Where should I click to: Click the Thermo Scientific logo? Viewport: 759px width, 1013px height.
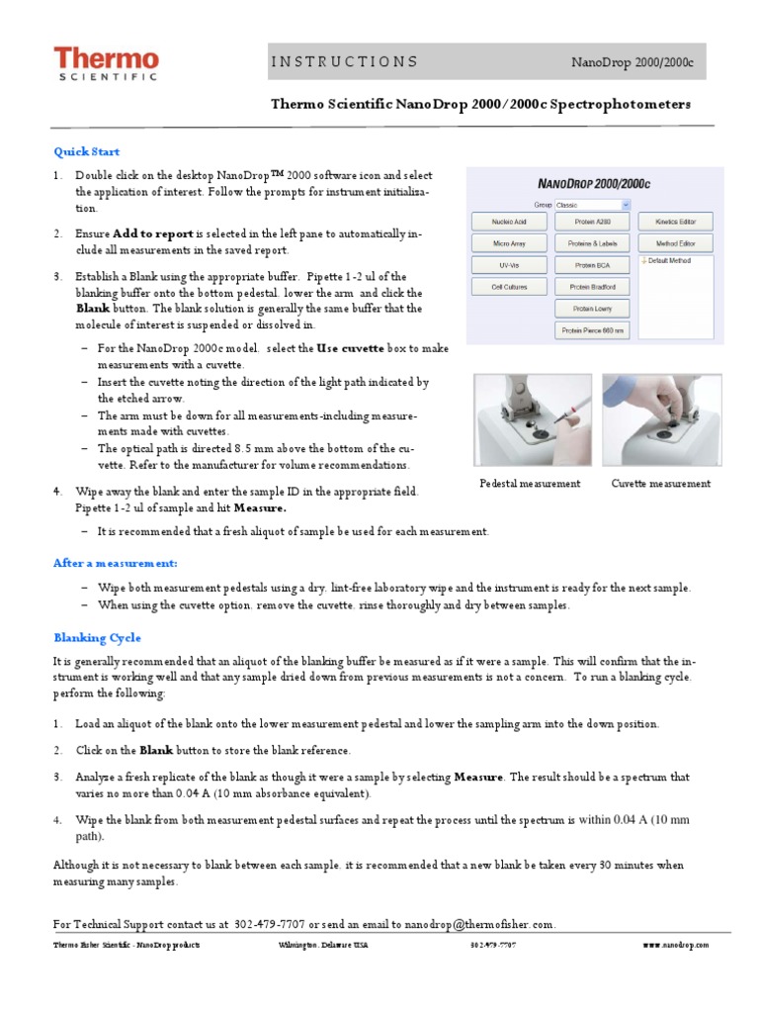[x=106, y=65]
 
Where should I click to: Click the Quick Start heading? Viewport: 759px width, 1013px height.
[x=86, y=151]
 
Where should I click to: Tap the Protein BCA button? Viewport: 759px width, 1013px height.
[x=592, y=265]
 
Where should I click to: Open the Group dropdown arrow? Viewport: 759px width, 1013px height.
[x=626, y=205]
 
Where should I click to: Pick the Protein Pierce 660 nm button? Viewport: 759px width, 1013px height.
[x=592, y=331]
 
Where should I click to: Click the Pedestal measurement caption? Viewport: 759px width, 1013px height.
[x=530, y=484]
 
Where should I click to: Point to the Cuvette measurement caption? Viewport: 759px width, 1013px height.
[x=660, y=484]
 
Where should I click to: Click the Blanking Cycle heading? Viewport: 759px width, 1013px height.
[x=97, y=638]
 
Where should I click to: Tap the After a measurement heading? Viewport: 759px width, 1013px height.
[x=115, y=563]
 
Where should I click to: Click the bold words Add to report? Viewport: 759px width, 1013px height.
[x=153, y=234]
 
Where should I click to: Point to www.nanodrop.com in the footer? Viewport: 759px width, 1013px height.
[x=675, y=946]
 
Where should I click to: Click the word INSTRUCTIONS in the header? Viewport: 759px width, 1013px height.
[x=344, y=62]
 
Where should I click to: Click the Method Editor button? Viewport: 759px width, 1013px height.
[x=676, y=242]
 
